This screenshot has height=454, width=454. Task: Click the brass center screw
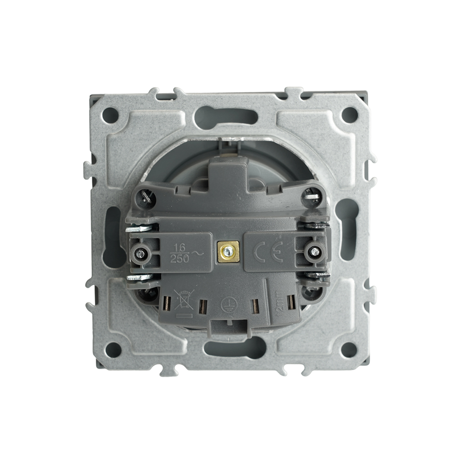[227, 252]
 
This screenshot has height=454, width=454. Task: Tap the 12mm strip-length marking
[277, 304]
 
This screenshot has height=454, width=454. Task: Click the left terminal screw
[140, 254]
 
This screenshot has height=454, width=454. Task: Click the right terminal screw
[314, 251]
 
